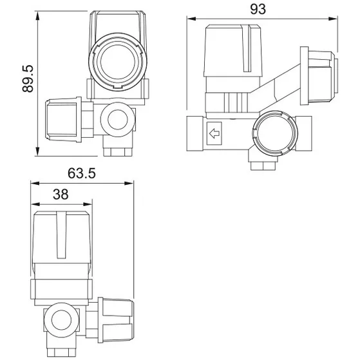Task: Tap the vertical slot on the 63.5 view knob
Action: (x=62, y=234)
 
